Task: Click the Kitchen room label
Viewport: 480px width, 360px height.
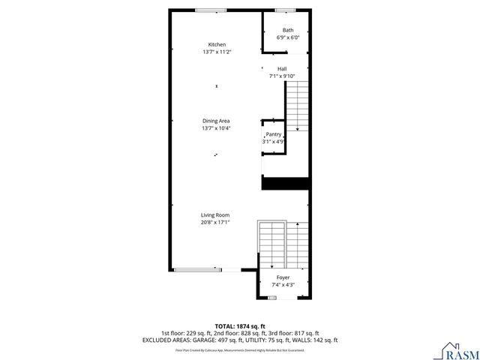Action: click(216, 44)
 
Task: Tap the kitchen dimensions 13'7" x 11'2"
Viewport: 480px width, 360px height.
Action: click(216, 52)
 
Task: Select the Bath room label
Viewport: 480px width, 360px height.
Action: click(288, 30)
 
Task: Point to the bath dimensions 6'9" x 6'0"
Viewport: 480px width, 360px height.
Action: click(288, 37)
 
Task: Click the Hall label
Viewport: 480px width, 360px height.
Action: click(282, 68)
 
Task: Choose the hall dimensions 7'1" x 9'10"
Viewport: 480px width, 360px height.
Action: click(282, 76)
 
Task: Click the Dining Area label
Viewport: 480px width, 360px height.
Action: click(216, 121)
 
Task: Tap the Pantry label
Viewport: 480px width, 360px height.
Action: click(274, 134)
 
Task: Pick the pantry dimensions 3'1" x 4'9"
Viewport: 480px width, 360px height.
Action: click(274, 142)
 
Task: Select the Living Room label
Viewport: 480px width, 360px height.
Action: click(215, 214)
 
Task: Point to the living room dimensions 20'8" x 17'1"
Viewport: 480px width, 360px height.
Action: click(215, 222)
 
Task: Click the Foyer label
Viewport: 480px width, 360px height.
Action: click(283, 277)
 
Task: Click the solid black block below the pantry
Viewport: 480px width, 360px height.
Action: click(285, 183)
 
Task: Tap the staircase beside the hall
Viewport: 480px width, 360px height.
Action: click(298, 105)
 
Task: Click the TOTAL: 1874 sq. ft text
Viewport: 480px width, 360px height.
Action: click(240, 326)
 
